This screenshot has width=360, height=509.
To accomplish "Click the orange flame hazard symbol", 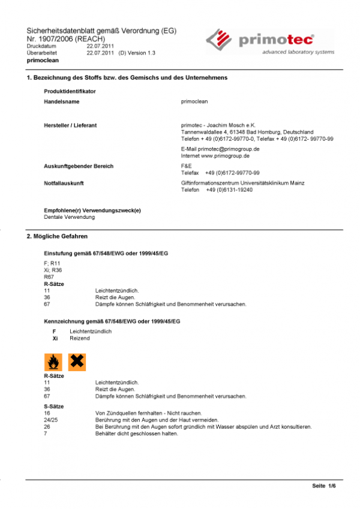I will coord(53,361).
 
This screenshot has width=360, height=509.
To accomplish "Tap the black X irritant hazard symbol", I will coord(77,361).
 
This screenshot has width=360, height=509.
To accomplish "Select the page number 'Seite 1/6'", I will coord(324,485).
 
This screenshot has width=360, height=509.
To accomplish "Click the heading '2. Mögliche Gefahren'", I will coord(58,237).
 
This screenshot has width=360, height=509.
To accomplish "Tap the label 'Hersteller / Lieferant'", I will coord(71,125).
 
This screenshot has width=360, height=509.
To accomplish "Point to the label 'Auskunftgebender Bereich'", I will coord(79,165).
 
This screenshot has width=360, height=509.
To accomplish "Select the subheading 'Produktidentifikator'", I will coord(70,91).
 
